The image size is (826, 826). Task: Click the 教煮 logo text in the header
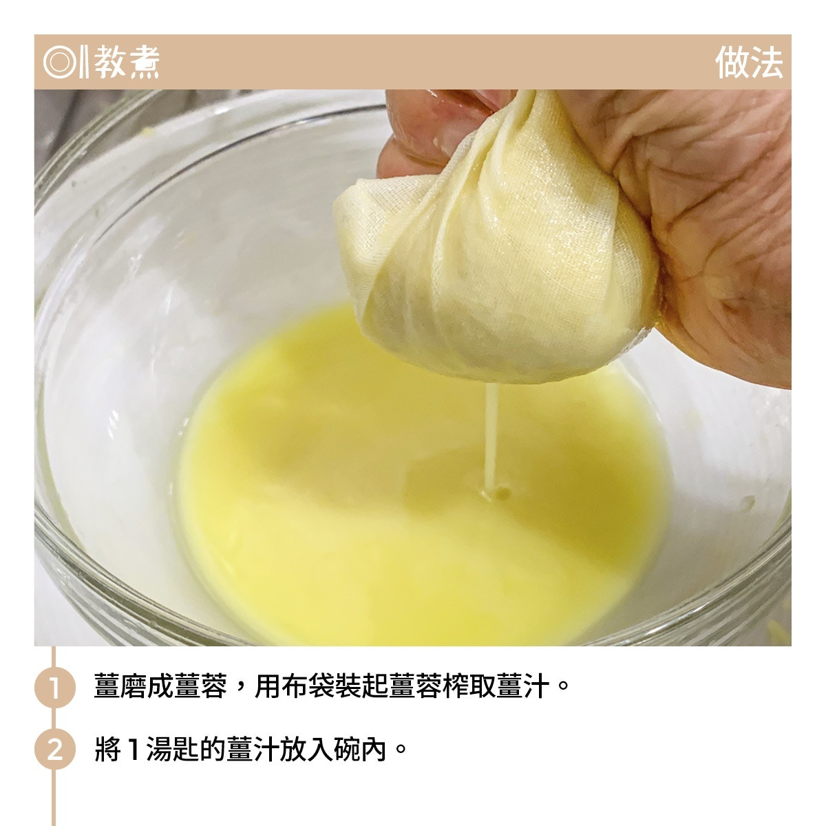127,63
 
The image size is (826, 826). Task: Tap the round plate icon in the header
59,63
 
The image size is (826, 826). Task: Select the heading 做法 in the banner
750,63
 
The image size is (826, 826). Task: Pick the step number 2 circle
55,750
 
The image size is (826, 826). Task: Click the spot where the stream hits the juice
494,493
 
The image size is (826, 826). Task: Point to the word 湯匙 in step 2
173,750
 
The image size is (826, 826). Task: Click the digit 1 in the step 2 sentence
134,750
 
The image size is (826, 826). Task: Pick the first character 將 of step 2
107,750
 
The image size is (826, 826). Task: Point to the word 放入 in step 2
307,750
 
